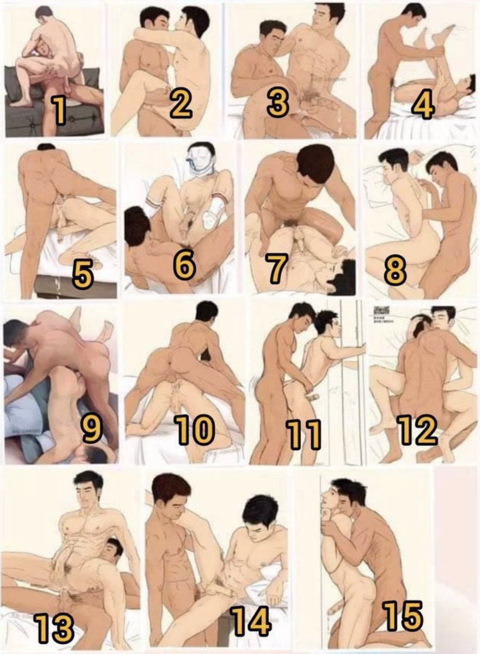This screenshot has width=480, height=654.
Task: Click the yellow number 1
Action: click(60, 108)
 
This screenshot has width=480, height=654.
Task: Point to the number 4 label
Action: click(423, 106)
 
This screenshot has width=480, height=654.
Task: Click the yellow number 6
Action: click(185, 265)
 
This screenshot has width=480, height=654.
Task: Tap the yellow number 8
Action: click(395, 271)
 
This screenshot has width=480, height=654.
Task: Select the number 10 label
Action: click(195, 430)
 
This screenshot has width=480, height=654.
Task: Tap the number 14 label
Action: click(250, 620)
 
